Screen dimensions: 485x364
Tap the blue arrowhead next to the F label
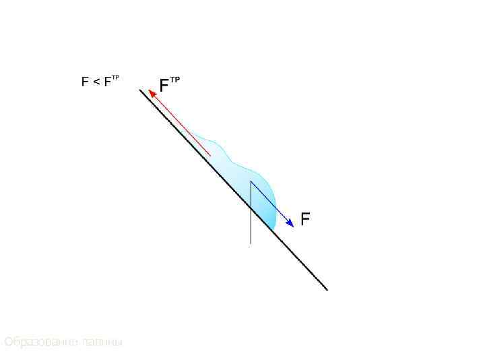pos(290,223)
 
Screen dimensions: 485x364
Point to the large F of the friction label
pos(164,86)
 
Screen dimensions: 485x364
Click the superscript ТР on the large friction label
pos(174,80)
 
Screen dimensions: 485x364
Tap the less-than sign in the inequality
pos(96,82)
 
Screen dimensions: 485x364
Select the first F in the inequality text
pos(85,82)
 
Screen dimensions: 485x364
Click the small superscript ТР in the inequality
pos(115,78)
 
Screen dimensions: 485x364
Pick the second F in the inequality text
pos(107,82)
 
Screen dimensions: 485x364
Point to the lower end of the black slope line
pos(327,289)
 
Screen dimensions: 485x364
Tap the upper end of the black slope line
pos(141,90)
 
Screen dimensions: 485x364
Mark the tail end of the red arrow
pos(211,156)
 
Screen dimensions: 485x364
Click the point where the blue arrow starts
pos(251,181)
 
